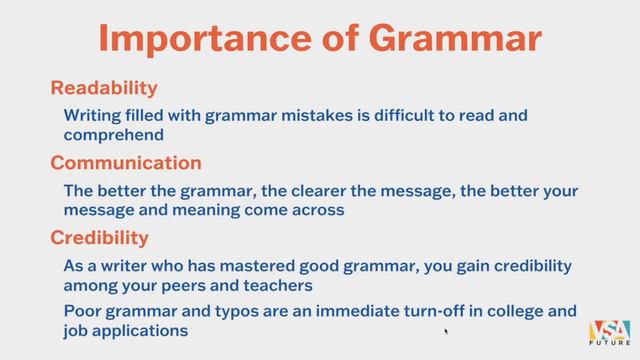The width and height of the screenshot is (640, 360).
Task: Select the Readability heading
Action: pyautogui.click(x=104, y=88)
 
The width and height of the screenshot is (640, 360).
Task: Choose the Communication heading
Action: pyautogui.click(x=126, y=163)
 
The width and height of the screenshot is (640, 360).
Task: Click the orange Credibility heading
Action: pyautogui.click(x=99, y=238)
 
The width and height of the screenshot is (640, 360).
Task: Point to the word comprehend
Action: pyautogui.click(x=113, y=134)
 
